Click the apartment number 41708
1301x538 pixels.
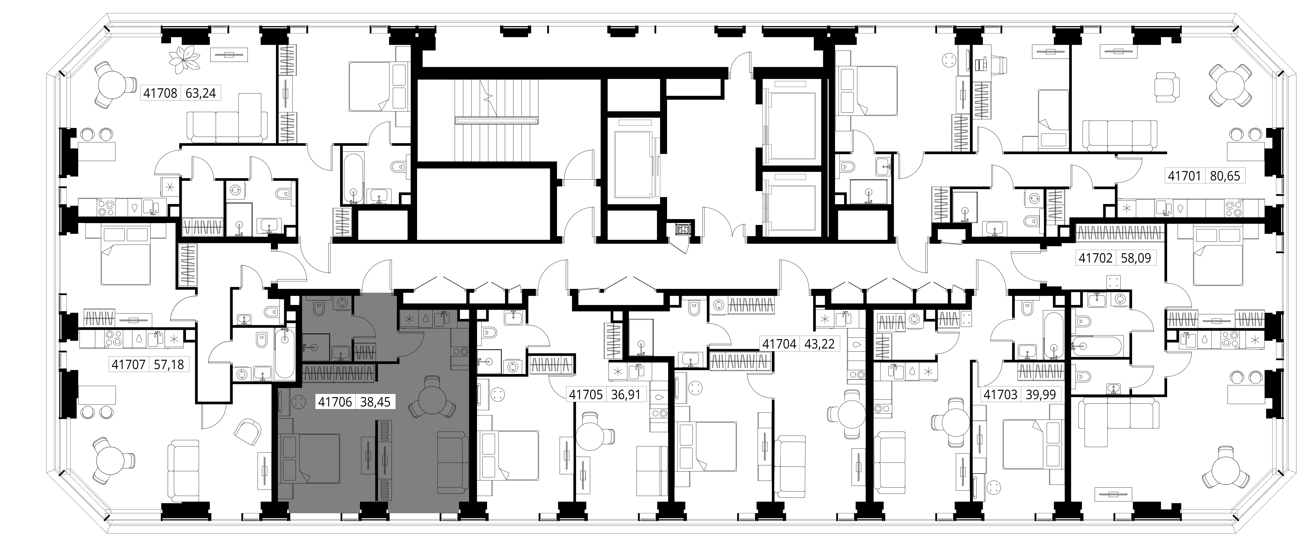pyautogui.click(x=160, y=93)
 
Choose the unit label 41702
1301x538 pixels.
pyautogui.click(x=1095, y=258)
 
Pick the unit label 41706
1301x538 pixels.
pyautogui.click(x=335, y=402)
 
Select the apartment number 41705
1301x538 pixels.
pyautogui.click(x=586, y=394)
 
